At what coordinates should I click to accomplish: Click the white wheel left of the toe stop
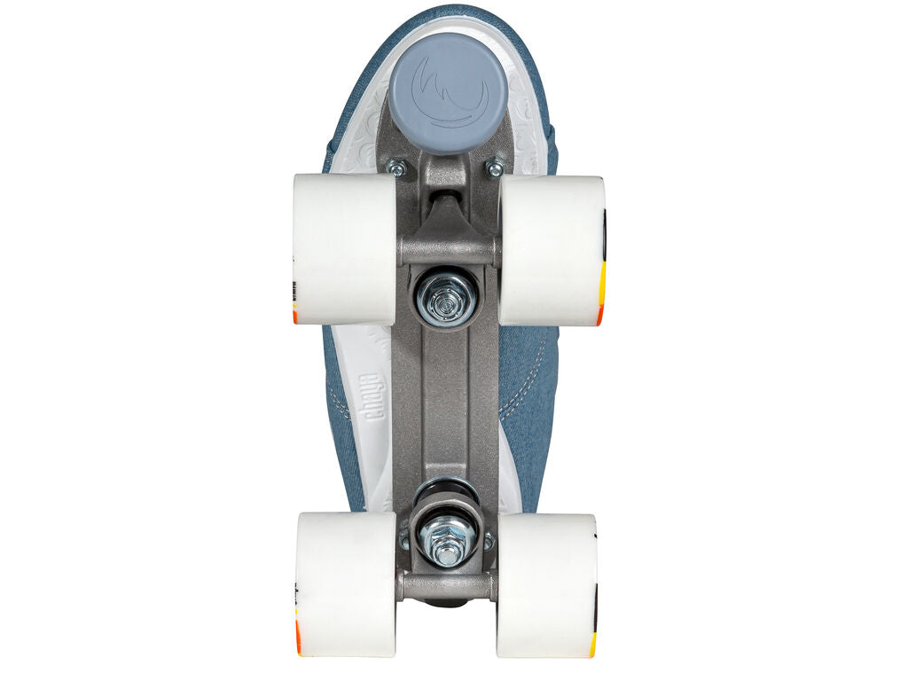coord(344,248)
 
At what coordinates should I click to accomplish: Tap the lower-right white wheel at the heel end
coord(546,585)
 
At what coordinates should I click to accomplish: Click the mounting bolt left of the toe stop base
coord(396,168)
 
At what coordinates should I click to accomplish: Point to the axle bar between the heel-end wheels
coord(447,584)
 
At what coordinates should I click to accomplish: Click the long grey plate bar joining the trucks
coord(446,399)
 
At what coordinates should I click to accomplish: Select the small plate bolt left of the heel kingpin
coord(404,538)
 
